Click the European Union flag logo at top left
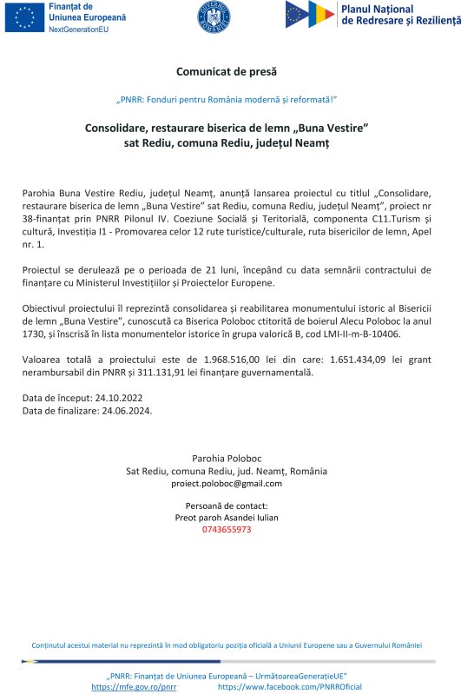pyautogui.click(x=25, y=17)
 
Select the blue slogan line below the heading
pyautogui.click(x=230, y=100)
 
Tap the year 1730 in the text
pyautogui.click(x=34, y=334)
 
